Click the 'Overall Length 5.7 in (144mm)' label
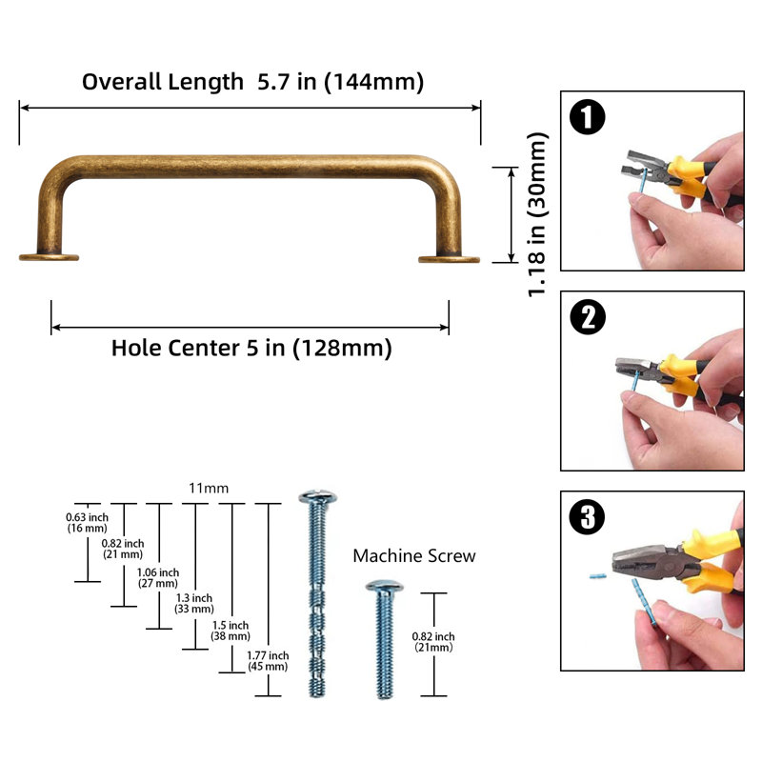click(252, 82)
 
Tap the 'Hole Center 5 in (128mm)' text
click(251, 348)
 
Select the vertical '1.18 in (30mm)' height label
click(537, 214)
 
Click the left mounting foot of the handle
click(49, 257)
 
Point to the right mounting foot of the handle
click(449, 259)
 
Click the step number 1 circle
click(587, 116)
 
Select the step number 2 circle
click(588, 317)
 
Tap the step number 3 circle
click(587, 516)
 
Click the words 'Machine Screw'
click(414, 556)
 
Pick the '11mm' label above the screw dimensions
click(209, 488)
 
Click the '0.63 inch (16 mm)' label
click(87, 523)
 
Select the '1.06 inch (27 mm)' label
click(158, 578)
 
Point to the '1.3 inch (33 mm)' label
click(194, 604)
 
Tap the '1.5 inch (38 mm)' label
click(231, 631)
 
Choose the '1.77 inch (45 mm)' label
click(268, 661)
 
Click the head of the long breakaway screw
click(318, 496)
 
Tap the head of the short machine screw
click(385, 587)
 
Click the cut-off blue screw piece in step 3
click(598, 576)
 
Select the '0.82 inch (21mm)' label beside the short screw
click(433, 641)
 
